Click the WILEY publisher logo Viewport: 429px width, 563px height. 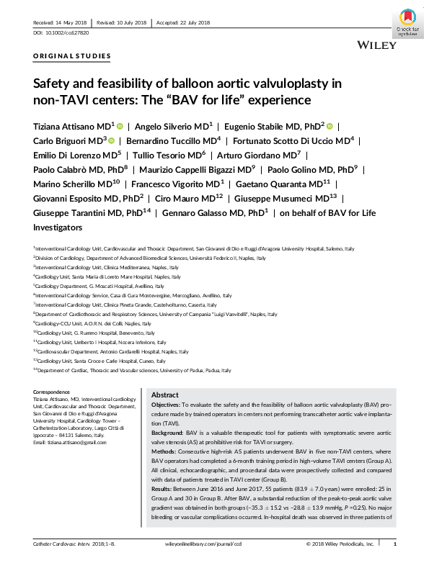click(x=376, y=45)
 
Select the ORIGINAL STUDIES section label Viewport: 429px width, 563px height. click(x=72, y=55)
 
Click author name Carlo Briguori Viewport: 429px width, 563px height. click(x=59, y=140)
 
